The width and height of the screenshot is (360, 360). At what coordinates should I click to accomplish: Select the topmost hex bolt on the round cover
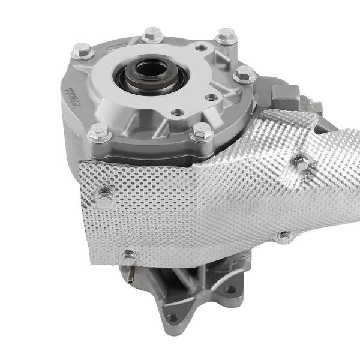152,35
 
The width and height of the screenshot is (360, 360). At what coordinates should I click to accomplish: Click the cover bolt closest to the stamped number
82,52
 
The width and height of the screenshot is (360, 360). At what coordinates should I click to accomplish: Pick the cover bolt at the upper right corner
226,37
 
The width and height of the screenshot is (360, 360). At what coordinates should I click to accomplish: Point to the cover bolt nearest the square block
245,75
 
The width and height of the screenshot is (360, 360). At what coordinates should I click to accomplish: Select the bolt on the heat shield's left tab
106,196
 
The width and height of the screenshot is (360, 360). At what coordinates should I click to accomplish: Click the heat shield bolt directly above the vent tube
129,257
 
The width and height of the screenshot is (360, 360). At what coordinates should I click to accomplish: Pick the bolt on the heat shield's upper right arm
303,161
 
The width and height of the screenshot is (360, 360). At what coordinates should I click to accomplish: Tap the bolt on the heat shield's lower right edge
284,236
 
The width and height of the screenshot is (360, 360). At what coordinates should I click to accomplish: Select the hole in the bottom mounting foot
173,318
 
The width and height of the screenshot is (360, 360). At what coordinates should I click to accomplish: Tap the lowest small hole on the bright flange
176,112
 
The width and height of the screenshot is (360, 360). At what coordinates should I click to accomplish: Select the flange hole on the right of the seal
211,97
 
